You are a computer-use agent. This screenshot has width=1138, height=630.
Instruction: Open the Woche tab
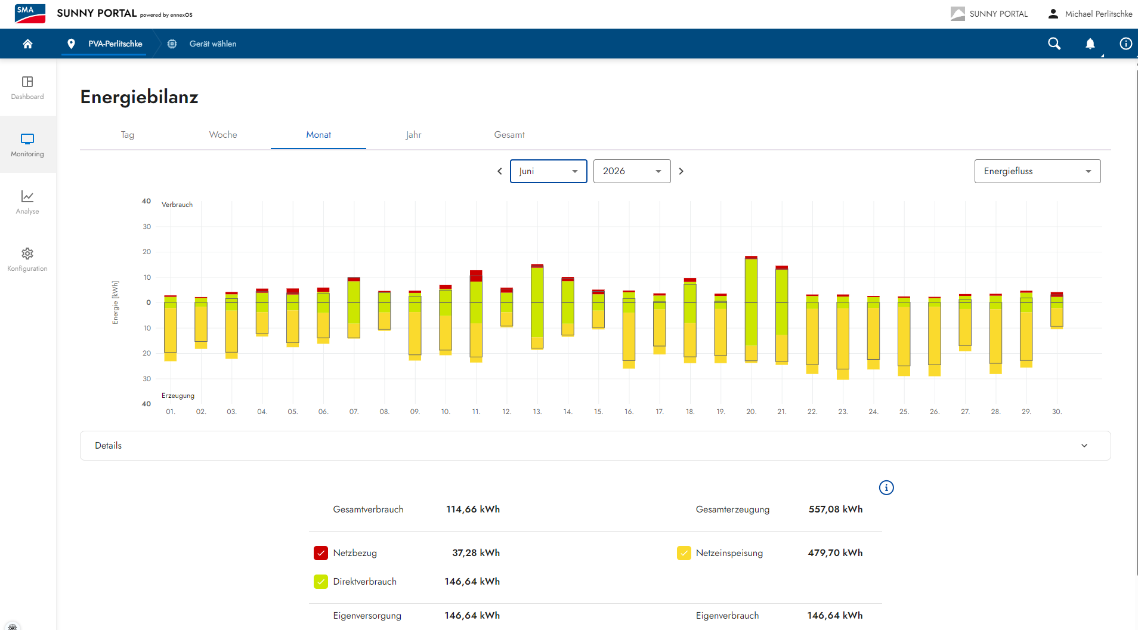[x=223, y=135]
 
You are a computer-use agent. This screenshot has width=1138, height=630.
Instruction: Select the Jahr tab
[x=413, y=135]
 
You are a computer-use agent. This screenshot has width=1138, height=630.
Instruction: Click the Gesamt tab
[x=509, y=135]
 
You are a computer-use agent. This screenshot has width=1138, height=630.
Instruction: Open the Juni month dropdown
[x=549, y=171]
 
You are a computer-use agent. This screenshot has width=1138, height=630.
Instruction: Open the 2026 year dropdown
[x=632, y=171]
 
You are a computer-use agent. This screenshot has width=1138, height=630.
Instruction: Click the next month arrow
[x=681, y=171]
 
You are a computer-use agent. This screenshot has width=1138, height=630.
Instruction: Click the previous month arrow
[x=500, y=171]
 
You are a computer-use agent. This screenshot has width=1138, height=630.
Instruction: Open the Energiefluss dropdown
[x=1038, y=171]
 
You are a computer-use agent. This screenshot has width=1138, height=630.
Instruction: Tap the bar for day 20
[x=751, y=309]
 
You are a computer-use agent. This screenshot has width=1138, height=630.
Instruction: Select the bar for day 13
[x=537, y=307]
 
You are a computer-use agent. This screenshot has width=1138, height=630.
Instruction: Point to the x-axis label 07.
[x=354, y=412]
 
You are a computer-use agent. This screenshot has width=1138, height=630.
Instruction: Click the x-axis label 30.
[x=1057, y=412]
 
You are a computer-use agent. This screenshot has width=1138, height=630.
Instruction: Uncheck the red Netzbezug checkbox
[x=321, y=553]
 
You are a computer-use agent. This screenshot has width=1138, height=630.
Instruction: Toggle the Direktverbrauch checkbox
[x=321, y=582]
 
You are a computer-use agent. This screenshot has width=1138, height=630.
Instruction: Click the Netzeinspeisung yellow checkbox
[x=684, y=553]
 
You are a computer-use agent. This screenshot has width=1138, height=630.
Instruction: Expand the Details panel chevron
[x=1084, y=446]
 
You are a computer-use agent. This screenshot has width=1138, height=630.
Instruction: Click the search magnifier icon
[x=1054, y=44]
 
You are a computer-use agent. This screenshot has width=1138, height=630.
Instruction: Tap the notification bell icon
[x=1090, y=44]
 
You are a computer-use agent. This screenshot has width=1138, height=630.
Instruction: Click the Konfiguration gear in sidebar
[x=27, y=254]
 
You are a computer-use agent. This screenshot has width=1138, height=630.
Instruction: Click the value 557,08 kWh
[x=836, y=509]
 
